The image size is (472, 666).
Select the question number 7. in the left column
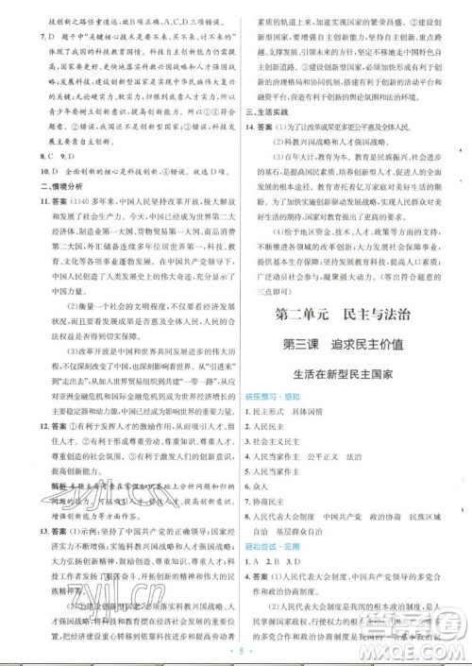(36, 35)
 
